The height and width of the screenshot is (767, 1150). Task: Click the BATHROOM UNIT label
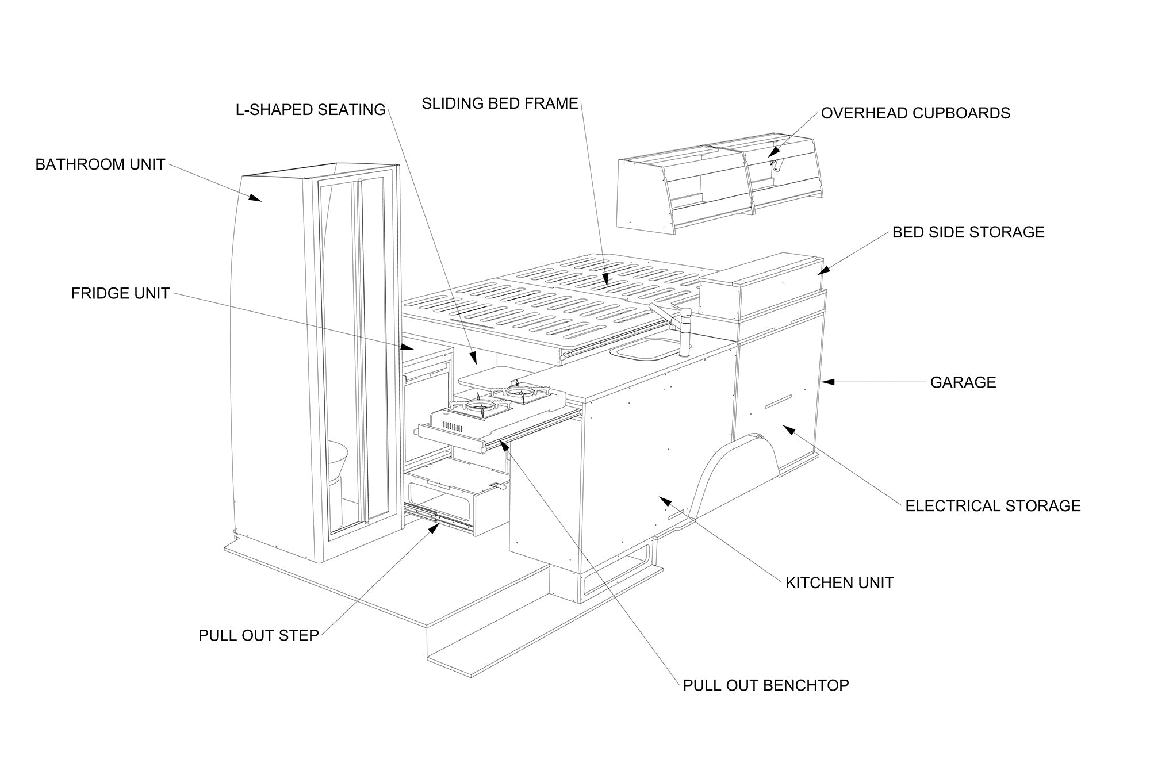(100, 164)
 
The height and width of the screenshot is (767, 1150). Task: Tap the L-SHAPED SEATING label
(310, 109)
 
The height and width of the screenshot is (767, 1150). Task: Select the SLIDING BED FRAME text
(500, 103)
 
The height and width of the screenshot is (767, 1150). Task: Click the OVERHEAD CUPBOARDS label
(915, 113)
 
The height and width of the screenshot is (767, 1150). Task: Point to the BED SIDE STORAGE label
(968, 232)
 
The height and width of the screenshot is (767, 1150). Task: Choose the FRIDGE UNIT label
(120, 293)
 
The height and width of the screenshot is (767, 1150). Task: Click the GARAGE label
(963, 382)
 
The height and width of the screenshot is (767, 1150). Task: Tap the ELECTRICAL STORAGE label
(992, 506)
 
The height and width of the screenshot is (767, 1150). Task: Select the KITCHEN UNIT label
(839, 583)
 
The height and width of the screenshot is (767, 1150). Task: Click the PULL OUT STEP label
(258, 636)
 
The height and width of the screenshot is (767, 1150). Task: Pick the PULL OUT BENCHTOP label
(765, 685)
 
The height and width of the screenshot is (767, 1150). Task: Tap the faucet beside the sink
(684, 333)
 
